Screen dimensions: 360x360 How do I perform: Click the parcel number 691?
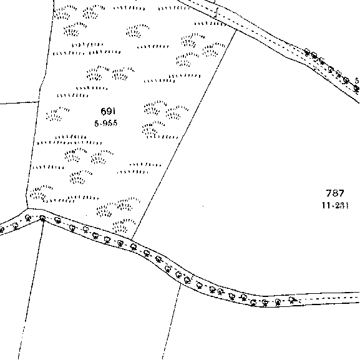[108, 111]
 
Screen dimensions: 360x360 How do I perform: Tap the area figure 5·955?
[106, 124]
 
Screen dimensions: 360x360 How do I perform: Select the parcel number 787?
[335, 193]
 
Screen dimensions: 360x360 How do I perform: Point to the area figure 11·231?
[335, 205]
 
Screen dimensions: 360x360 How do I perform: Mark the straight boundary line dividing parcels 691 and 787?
[183, 135]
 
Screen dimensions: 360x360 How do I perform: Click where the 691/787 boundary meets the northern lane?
[236, 30]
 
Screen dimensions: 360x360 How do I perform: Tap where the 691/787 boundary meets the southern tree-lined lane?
[131, 240]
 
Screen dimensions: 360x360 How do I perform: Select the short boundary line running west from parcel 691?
[19, 102]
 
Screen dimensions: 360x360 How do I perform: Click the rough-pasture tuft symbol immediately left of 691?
[57, 114]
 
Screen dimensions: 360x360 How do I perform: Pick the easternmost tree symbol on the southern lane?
[292, 299]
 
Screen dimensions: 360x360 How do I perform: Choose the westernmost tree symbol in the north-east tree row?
[307, 52]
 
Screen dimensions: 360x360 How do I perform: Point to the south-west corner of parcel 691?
[27, 208]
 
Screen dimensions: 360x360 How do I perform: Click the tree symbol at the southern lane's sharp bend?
[42, 218]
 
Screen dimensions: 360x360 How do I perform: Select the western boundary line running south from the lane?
[31, 289]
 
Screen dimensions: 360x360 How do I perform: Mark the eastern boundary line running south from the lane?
[172, 321]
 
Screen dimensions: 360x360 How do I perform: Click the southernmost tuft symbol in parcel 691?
[124, 226]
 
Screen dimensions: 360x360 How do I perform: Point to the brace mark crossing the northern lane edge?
[216, 12]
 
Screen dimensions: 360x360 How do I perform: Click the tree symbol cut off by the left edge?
[1, 230]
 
